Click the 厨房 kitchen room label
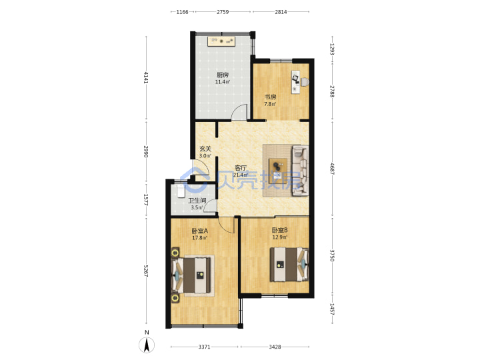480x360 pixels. pyautogui.click(x=223, y=75)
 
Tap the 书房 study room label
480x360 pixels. pyautogui.click(x=270, y=97)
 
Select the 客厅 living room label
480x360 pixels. pyautogui.click(x=241, y=168)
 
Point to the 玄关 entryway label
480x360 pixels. pyautogui.click(x=205, y=149)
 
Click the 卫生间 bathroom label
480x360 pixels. pyautogui.click(x=197, y=201)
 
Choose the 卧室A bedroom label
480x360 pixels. pyautogui.click(x=199, y=231)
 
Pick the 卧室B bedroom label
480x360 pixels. pyautogui.click(x=279, y=230)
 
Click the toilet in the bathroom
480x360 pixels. pyautogui.click(x=180, y=191)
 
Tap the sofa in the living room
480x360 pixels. pyautogui.click(x=300, y=170)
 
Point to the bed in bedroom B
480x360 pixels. pyautogui.click(x=289, y=265)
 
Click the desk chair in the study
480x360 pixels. pyautogui.click(x=305, y=82)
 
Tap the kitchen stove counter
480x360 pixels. pyautogui.click(x=221, y=41)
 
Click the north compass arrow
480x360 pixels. pyautogui.click(x=147, y=345)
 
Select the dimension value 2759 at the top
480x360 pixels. pyautogui.click(x=223, y=12)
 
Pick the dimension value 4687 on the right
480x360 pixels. pyautogui.click(x=332, y=169)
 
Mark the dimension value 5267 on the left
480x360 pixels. pyautogui.click(x=146, y=271)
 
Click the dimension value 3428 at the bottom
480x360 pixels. pyautogui.click(x=275, y=347)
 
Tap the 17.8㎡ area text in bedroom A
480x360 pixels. pyautogui.click(x=199, y=238)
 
